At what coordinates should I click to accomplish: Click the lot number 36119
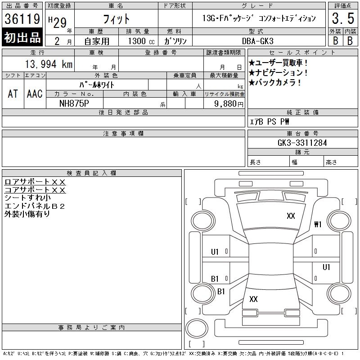(x=22, y=19)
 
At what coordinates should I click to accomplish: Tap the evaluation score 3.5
(x=343, y=18)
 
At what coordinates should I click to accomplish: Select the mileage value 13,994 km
(x=49, y=64)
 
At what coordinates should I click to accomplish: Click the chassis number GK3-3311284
(x=302, y=143)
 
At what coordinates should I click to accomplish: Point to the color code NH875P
(x=74, y=103)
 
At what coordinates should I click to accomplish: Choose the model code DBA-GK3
(x=257, y=41)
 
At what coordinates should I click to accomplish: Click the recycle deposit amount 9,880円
(x=229, y=104)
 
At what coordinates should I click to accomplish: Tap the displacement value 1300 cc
(x=141, y=41)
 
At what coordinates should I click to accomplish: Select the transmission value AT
(x=13, y=94)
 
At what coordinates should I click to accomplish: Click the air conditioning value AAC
(x=35, y=94)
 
